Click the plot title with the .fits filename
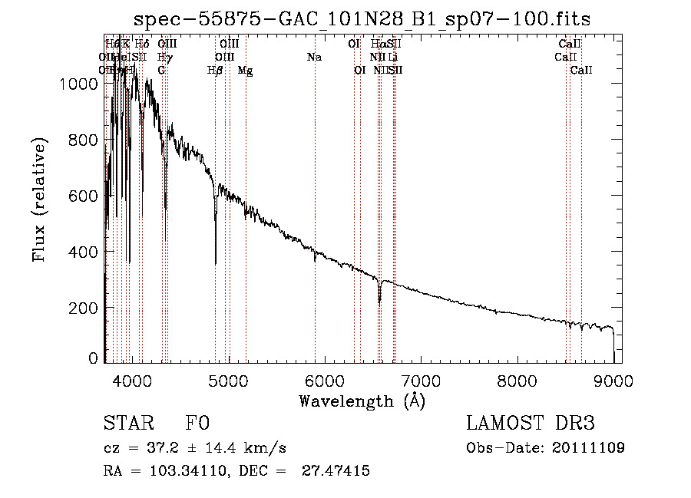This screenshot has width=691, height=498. point(362,19)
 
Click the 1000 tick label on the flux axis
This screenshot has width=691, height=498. point(78,84)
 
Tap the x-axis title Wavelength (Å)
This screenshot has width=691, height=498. point(361,401)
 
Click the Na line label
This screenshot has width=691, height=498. point(314,58)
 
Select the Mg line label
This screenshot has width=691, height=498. point(245,71)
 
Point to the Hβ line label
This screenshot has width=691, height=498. point(215,71)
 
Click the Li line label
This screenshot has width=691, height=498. point(392,58)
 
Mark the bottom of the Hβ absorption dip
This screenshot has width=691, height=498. point(216,263)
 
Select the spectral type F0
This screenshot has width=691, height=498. point(197,424)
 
